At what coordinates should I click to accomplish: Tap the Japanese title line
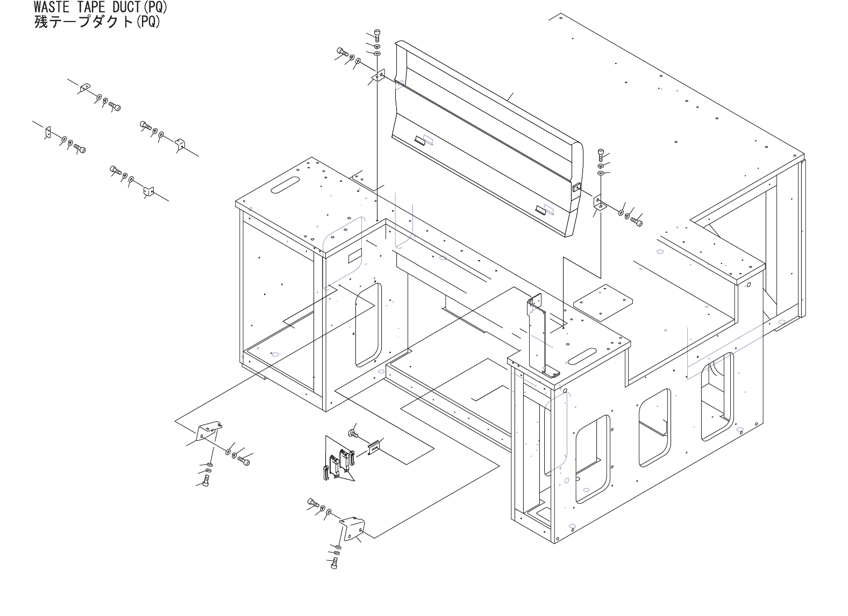pyautogui.click(x=97, y=22)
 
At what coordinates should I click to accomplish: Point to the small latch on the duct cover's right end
pyautogui.click(x=576, y=188)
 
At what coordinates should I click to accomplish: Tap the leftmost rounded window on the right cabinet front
pyautogui.click(x=593, y=459)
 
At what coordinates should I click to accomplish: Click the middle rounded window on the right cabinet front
pyautogui.click(x=654, y=427)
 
